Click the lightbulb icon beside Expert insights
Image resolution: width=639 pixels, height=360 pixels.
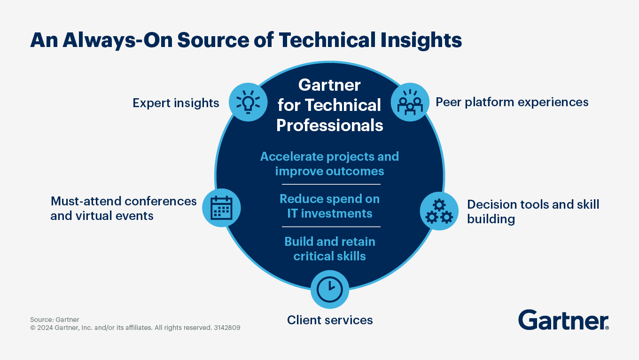(248, 102)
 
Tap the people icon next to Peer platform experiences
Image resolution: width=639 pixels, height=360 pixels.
(410, 102)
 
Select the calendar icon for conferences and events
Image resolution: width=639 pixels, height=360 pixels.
(221, 208)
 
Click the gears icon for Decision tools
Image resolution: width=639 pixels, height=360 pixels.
(439, 211)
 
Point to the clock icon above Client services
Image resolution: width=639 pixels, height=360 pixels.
(330, 290)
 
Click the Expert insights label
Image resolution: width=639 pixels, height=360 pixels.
(176, 103)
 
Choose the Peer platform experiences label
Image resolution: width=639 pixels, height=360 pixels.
(512, 102)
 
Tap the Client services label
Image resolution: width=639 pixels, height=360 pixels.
(330, 320)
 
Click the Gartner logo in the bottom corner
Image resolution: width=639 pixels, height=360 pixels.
(563, 320)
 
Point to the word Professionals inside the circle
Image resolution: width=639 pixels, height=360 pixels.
(330, 125)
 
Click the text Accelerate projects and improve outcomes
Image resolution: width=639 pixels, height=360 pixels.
(330, 164)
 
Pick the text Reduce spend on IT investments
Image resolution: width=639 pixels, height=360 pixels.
(330, 206)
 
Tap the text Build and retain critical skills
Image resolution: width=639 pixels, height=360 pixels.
(330, 249)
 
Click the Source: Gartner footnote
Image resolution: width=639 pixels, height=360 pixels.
(55, 320)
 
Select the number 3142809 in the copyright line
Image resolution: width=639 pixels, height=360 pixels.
(227, 328)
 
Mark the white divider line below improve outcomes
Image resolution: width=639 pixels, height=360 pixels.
(330, 184)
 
